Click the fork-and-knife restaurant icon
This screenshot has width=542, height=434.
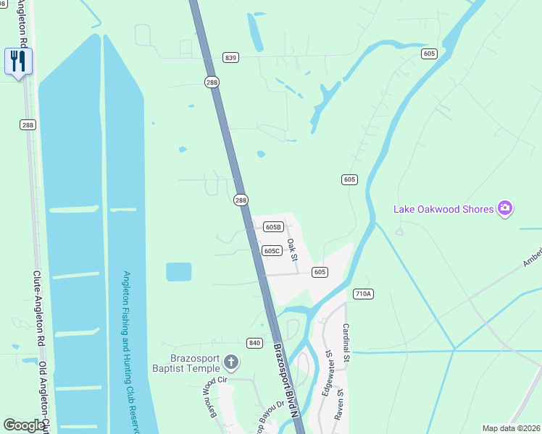[17, 60]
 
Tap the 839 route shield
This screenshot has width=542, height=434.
[231, 58]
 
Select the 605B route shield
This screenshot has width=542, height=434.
[272, 226]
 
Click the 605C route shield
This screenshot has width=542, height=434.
[271, 250]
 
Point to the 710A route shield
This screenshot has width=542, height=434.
[363, 294]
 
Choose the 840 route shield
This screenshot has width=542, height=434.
[254, 342]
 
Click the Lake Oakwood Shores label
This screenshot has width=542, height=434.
[443, 210]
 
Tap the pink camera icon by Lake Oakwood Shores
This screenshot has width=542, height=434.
[505, 209]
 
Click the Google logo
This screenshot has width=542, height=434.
[24, 425]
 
